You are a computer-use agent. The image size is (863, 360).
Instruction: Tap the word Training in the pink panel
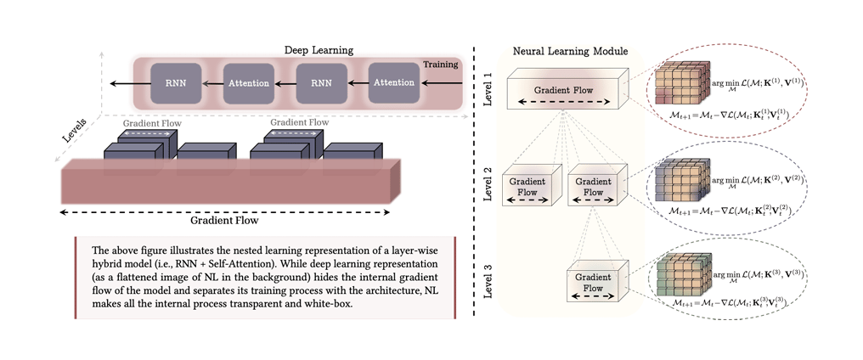click(441, 65)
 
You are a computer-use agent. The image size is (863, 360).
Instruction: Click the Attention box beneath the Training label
click(393, 83)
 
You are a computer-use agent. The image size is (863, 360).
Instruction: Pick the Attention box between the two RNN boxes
click(247, 83)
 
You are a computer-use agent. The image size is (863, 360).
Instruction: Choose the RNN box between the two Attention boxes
click(320, 83)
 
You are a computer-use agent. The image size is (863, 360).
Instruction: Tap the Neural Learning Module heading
click(570, 52)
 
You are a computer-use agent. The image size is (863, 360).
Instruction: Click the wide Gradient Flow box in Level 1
click(565, 93)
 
